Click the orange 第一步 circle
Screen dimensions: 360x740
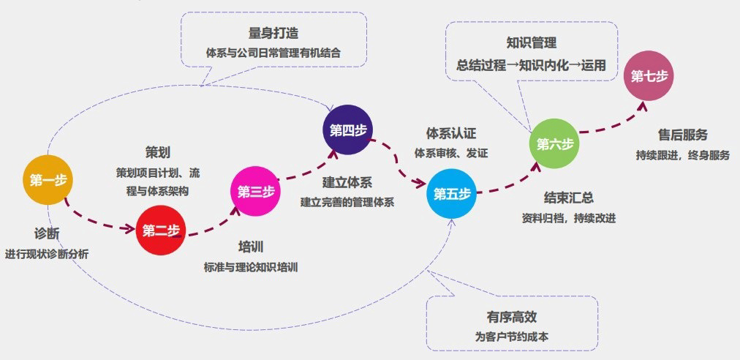pyautogui.click(x=48, y=180)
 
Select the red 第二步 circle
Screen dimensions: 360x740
pyautogui.click(x=161, y=231)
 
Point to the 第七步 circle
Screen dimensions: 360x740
pyautogui.click(x=648, y=76)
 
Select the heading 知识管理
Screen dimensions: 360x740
pyautogui.click(x=531, y=43)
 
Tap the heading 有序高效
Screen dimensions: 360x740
pyautogui.click(x=511, y=318)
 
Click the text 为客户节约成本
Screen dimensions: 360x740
pyautogui.click(x=511, y=337)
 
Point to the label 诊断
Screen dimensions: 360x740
pyautogui.click(x=47, y=233)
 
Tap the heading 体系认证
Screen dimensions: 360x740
pyautogui.click(x=451, y=134)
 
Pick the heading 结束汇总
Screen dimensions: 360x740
pyautogui.click(x=568, y=198)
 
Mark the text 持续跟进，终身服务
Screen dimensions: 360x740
pyautogui.click(x=682, y=155)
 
